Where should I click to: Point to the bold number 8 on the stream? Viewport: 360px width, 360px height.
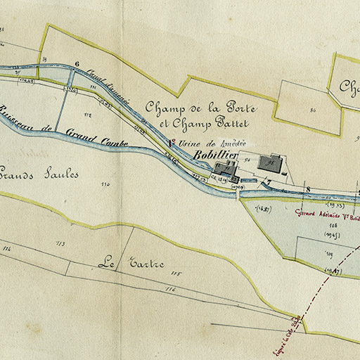click(x=307, y=189)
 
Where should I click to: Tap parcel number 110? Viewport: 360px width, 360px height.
click(x=105, y=184)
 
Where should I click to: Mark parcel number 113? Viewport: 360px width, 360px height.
click(x=60, y=245)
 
